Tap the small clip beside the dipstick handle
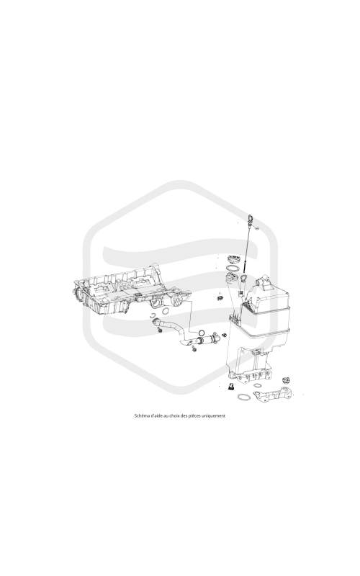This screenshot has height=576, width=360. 258,230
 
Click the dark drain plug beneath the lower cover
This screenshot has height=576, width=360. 230,386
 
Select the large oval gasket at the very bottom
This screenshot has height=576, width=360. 243,397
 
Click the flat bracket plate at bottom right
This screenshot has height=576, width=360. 274,394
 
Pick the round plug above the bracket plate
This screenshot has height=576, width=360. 286,379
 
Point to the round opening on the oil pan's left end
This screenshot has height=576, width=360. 78,294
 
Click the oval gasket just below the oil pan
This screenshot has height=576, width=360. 166,311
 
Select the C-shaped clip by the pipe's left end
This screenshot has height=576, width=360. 153,315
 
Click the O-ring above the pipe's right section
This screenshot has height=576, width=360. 202,333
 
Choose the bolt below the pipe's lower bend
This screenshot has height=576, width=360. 194,350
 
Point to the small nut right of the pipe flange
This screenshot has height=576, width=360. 224,335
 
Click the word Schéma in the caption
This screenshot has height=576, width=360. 140,416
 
